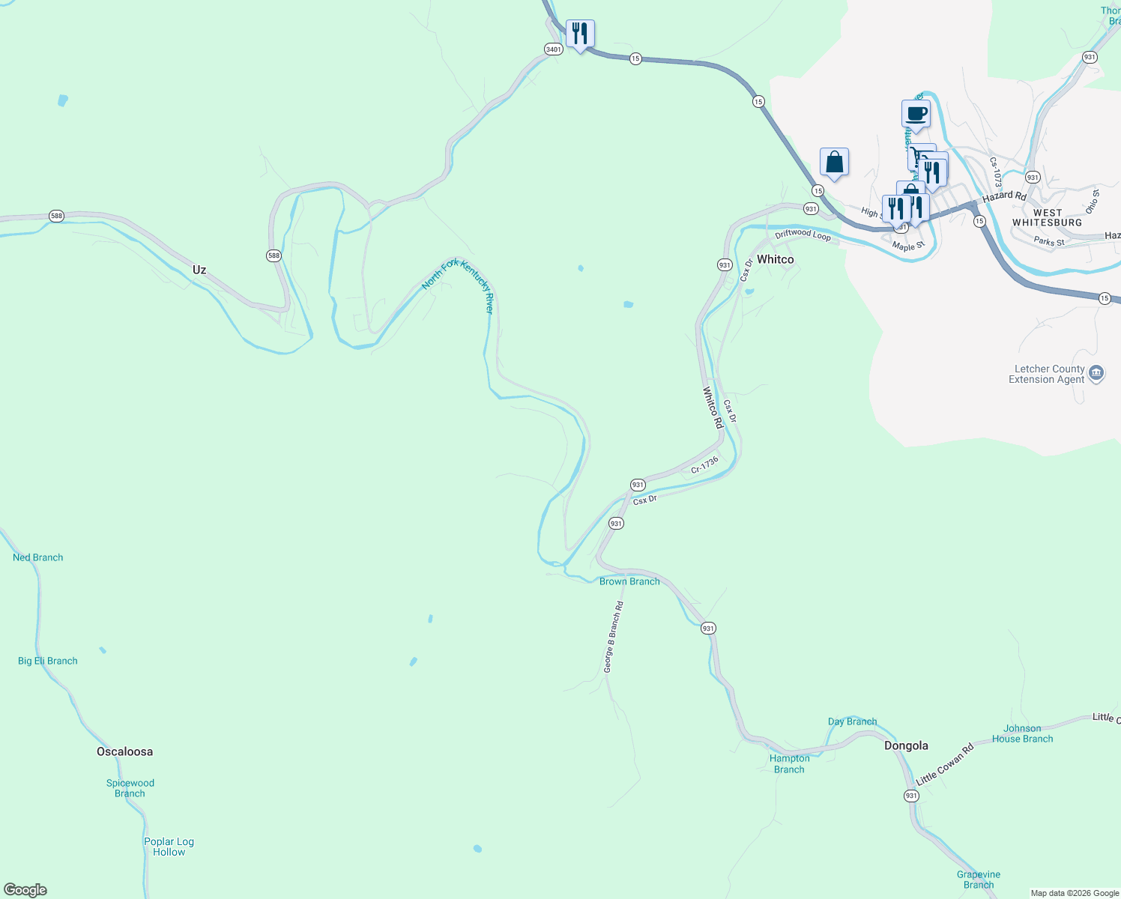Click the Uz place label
[x=199, y=270]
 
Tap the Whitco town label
[x=775, y=259]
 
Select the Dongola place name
[x=906, y=745]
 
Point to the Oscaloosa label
[x=124, y=751]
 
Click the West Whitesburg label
[x=1047, y=218]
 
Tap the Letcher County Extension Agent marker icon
[x=1096, y=373]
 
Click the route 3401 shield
[x=553, y=49]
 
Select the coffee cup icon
[x=916, y=114]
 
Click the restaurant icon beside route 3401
[x=579, y=34]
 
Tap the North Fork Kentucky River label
[x=458, y=285]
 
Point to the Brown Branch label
[x=629, y=581]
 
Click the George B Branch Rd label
[x=614, y=637]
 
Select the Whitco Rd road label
[x=713, y=408]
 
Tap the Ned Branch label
[x=38, y=557]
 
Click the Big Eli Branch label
[x=48, y=661]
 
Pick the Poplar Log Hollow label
[x=169, y=847]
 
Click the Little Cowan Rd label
[x=944, y=764]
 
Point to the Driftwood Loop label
[x=803, y=234]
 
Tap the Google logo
[x=25, y=890]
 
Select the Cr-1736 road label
[x=704, y=464]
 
